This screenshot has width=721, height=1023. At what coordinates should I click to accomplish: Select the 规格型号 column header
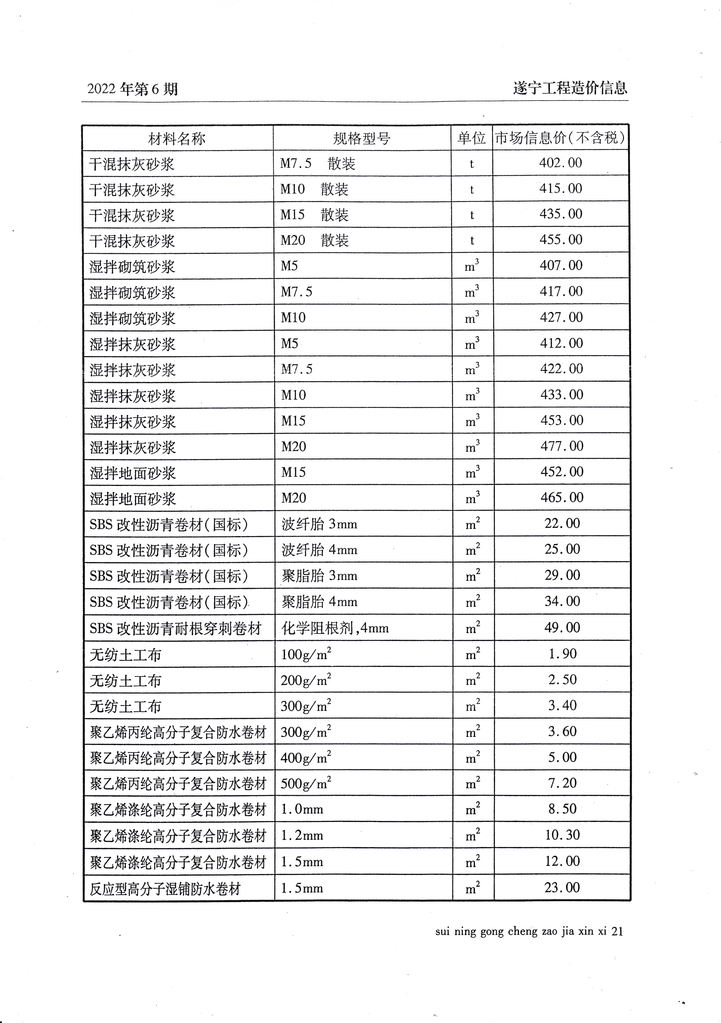361,139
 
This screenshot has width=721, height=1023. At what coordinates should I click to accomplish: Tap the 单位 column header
471,138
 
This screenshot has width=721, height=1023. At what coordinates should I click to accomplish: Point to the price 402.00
561,163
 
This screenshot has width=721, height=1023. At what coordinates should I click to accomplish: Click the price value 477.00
562,446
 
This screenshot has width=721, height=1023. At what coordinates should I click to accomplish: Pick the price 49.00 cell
562,627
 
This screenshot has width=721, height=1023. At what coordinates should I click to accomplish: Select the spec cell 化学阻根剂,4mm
335,628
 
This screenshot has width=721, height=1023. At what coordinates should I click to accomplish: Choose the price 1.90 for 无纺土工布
562,654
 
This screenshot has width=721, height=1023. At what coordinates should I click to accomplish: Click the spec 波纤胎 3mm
319,524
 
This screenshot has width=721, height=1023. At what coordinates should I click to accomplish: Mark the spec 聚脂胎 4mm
319,602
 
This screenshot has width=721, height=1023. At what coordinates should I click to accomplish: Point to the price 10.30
562,835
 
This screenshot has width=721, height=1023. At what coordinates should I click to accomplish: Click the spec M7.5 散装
317,164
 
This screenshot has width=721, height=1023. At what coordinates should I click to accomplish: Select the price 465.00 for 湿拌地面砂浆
562,497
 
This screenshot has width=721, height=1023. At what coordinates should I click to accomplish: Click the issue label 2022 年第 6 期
132,89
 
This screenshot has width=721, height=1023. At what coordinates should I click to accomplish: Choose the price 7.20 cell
562,783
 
